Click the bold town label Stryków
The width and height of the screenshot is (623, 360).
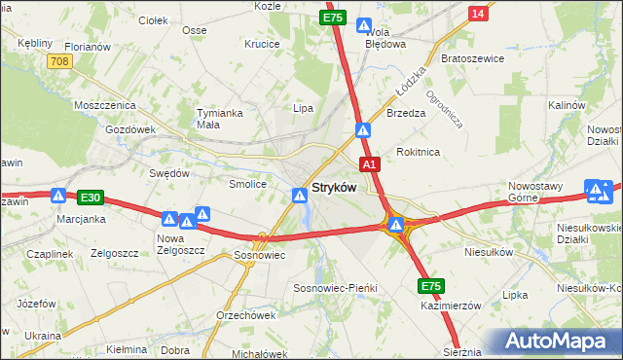point(333,187)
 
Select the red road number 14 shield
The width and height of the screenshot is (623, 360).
point(477,14)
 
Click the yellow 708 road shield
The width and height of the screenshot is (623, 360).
point(59,60)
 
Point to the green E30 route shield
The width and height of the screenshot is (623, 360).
point(91,197)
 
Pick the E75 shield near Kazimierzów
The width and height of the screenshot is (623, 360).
point(432,286)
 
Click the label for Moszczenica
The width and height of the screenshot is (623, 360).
point(102,104)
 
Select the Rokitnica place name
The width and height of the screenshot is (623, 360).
point(419,152)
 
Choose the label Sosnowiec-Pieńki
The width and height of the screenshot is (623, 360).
point(335,289)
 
